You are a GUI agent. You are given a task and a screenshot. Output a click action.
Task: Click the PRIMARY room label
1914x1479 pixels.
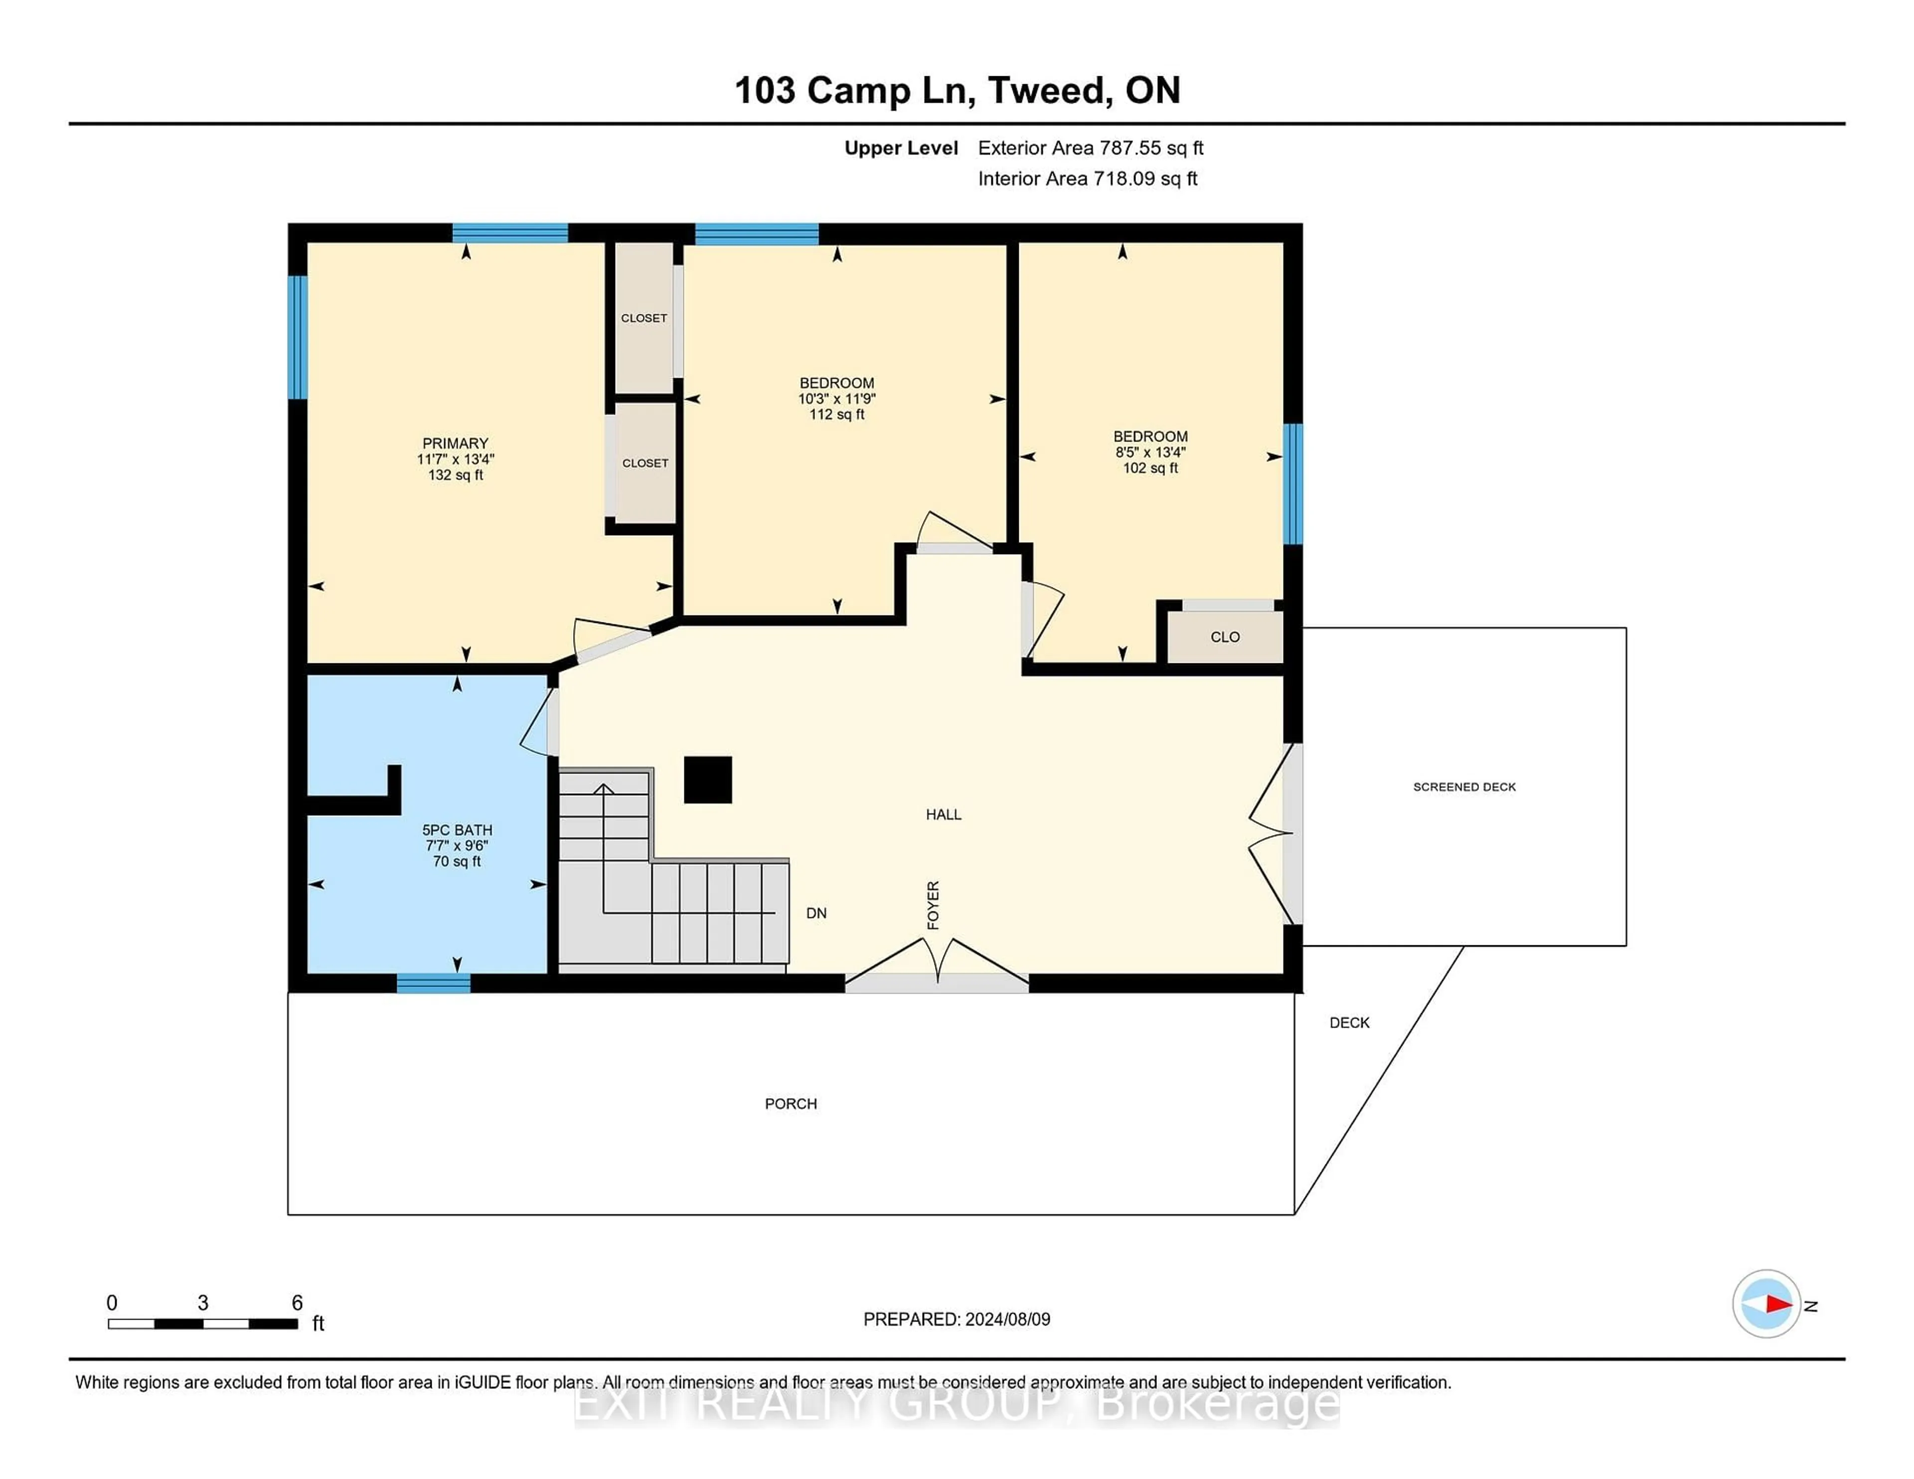pyautogui.click(x=455, y=444)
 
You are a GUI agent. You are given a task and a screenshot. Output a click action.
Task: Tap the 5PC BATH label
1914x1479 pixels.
pyautogui.click(x=457, y=830)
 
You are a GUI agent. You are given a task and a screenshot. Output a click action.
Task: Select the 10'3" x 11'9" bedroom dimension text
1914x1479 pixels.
pyautogui.click(x=836, y=399)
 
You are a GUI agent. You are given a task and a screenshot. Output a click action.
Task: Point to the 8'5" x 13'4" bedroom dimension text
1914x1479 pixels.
pyautogui.click(x=1150, y=452)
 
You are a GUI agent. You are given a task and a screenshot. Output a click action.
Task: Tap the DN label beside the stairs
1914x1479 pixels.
pyautogui.click(x=816, y=913)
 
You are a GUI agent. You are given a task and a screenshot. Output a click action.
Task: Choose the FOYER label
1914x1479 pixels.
pyautogui.click(x=934, y=905)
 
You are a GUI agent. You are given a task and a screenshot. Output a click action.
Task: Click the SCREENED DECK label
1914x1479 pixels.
pyautogui.click(x=1463, y=787)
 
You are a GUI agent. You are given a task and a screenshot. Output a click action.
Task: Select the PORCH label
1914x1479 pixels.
pyautogui.click(x=791, y=1104)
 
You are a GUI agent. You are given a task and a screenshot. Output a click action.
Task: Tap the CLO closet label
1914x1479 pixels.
pyautogui.click(x=1224, y=637)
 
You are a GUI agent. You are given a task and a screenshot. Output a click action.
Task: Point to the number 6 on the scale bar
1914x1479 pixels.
pyautogui.click(x=297, y=1303)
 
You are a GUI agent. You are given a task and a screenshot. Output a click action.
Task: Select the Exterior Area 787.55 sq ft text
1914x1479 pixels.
pyautogui.click(x=1090, y=148)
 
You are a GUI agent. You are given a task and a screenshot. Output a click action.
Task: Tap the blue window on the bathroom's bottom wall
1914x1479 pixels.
pyautogui.click(x=433, y=983)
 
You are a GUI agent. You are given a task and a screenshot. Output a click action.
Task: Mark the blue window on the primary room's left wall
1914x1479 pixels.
pyautogui.click(x=298, y=337)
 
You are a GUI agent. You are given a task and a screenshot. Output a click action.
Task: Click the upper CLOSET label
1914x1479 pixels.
pyautogui.click(x=644, y=318)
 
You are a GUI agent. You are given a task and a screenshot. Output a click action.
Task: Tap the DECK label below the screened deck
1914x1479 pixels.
pyautogui.click(x=1349, y=1023)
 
